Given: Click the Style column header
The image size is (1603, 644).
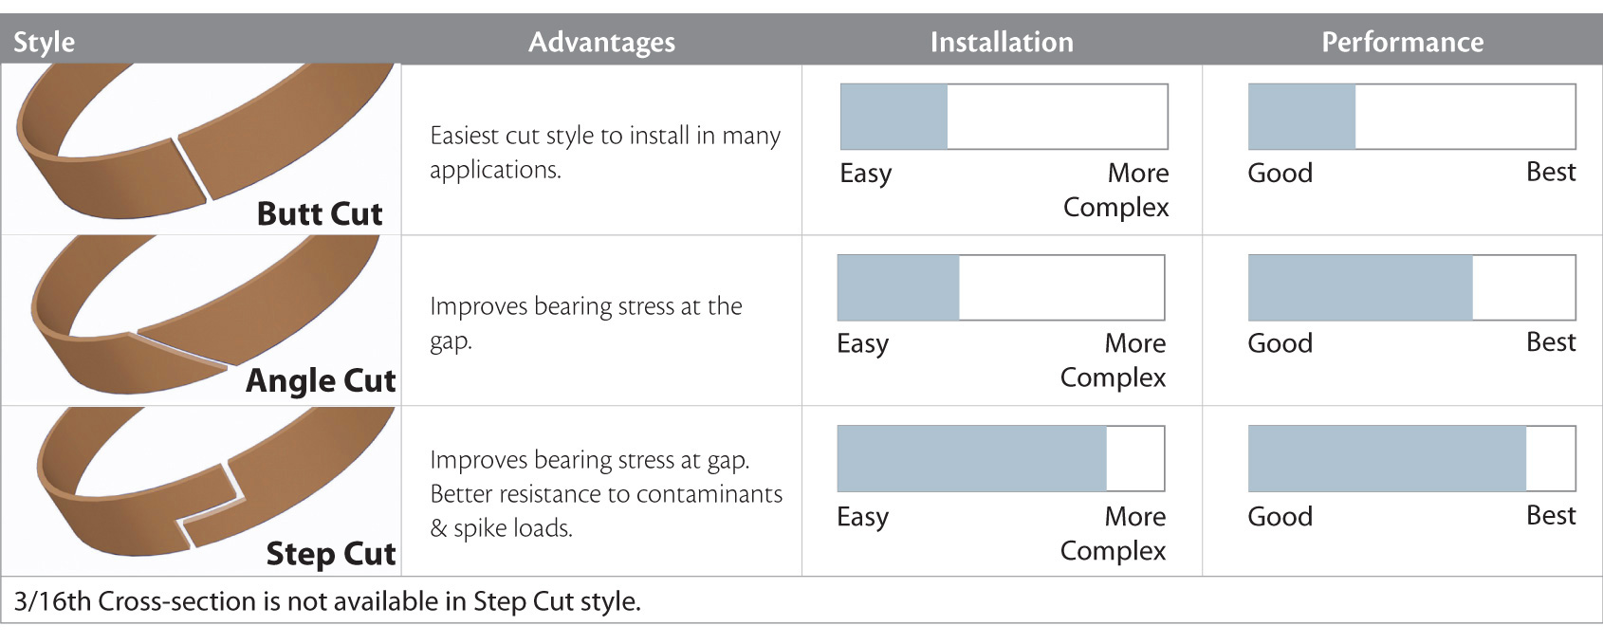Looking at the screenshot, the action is coord(45,43).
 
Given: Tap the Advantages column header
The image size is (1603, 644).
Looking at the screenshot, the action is coord(602,43).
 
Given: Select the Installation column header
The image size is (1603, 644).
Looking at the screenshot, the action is coord(1002,43).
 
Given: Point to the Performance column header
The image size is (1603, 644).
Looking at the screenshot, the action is coord(1403,43).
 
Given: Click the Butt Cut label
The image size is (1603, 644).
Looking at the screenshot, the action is coord(320,213).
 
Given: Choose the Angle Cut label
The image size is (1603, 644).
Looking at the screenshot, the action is coord(321,380).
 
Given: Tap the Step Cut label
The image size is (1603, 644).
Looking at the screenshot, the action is coord(331,553).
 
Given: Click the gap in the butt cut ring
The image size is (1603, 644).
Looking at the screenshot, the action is coord(191,169).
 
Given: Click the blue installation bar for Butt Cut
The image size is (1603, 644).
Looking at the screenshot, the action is coord(894,117).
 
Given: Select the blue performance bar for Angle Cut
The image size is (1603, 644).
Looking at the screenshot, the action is coord(1360,287).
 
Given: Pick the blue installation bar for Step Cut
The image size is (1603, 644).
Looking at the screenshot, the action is coord(972,459).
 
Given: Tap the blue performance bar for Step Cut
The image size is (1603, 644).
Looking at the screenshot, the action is coord(1388,459).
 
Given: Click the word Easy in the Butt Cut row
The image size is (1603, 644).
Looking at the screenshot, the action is coord(866,174).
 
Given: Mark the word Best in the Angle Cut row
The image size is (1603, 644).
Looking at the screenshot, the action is coord(1551,342).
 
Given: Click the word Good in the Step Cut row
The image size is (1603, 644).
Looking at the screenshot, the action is coord(1281,516).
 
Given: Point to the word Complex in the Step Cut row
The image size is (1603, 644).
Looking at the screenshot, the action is coord(1113,551).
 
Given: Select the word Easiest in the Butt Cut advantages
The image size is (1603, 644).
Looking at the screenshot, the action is coord(464,136).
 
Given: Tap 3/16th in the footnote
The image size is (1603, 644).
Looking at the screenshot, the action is coord(52,601).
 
